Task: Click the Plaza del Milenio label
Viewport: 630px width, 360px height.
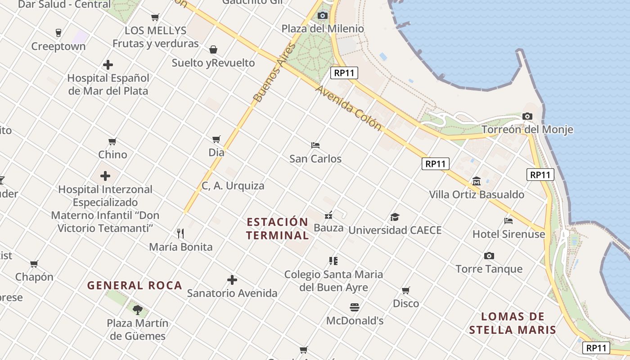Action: coord(323,29)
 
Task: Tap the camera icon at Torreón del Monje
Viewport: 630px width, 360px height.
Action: coord(527,116)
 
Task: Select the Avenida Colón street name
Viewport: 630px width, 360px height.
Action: coord(348,108)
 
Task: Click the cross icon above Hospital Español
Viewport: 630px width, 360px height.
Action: coord(108,65)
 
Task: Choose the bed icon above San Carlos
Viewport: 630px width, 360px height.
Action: coord(315,145)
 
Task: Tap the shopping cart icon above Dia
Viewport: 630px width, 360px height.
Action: coord(216,139)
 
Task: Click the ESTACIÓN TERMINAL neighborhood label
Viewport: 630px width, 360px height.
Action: coord(278,229)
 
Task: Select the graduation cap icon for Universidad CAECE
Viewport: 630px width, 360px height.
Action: coord(395,217)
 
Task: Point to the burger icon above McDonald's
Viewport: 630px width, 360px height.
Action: coord(355,307)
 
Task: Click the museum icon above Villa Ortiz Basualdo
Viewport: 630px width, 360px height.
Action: coord(477,181)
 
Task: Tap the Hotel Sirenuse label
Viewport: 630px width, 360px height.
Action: coord(508,234)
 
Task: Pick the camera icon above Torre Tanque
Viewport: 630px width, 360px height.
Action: coord(489,256)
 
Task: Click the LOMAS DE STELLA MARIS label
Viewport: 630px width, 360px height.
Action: coord(513,323)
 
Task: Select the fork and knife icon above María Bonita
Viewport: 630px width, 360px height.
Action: coord(180,233)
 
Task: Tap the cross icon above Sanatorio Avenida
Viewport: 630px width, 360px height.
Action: coord(232,280)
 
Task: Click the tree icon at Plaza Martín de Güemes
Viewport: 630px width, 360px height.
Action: coord(138,310)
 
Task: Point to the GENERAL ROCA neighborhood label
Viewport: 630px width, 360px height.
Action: coord(135,285)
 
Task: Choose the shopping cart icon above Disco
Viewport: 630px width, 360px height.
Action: coord(406,290)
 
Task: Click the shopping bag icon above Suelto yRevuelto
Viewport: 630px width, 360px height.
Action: coord(213,49)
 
